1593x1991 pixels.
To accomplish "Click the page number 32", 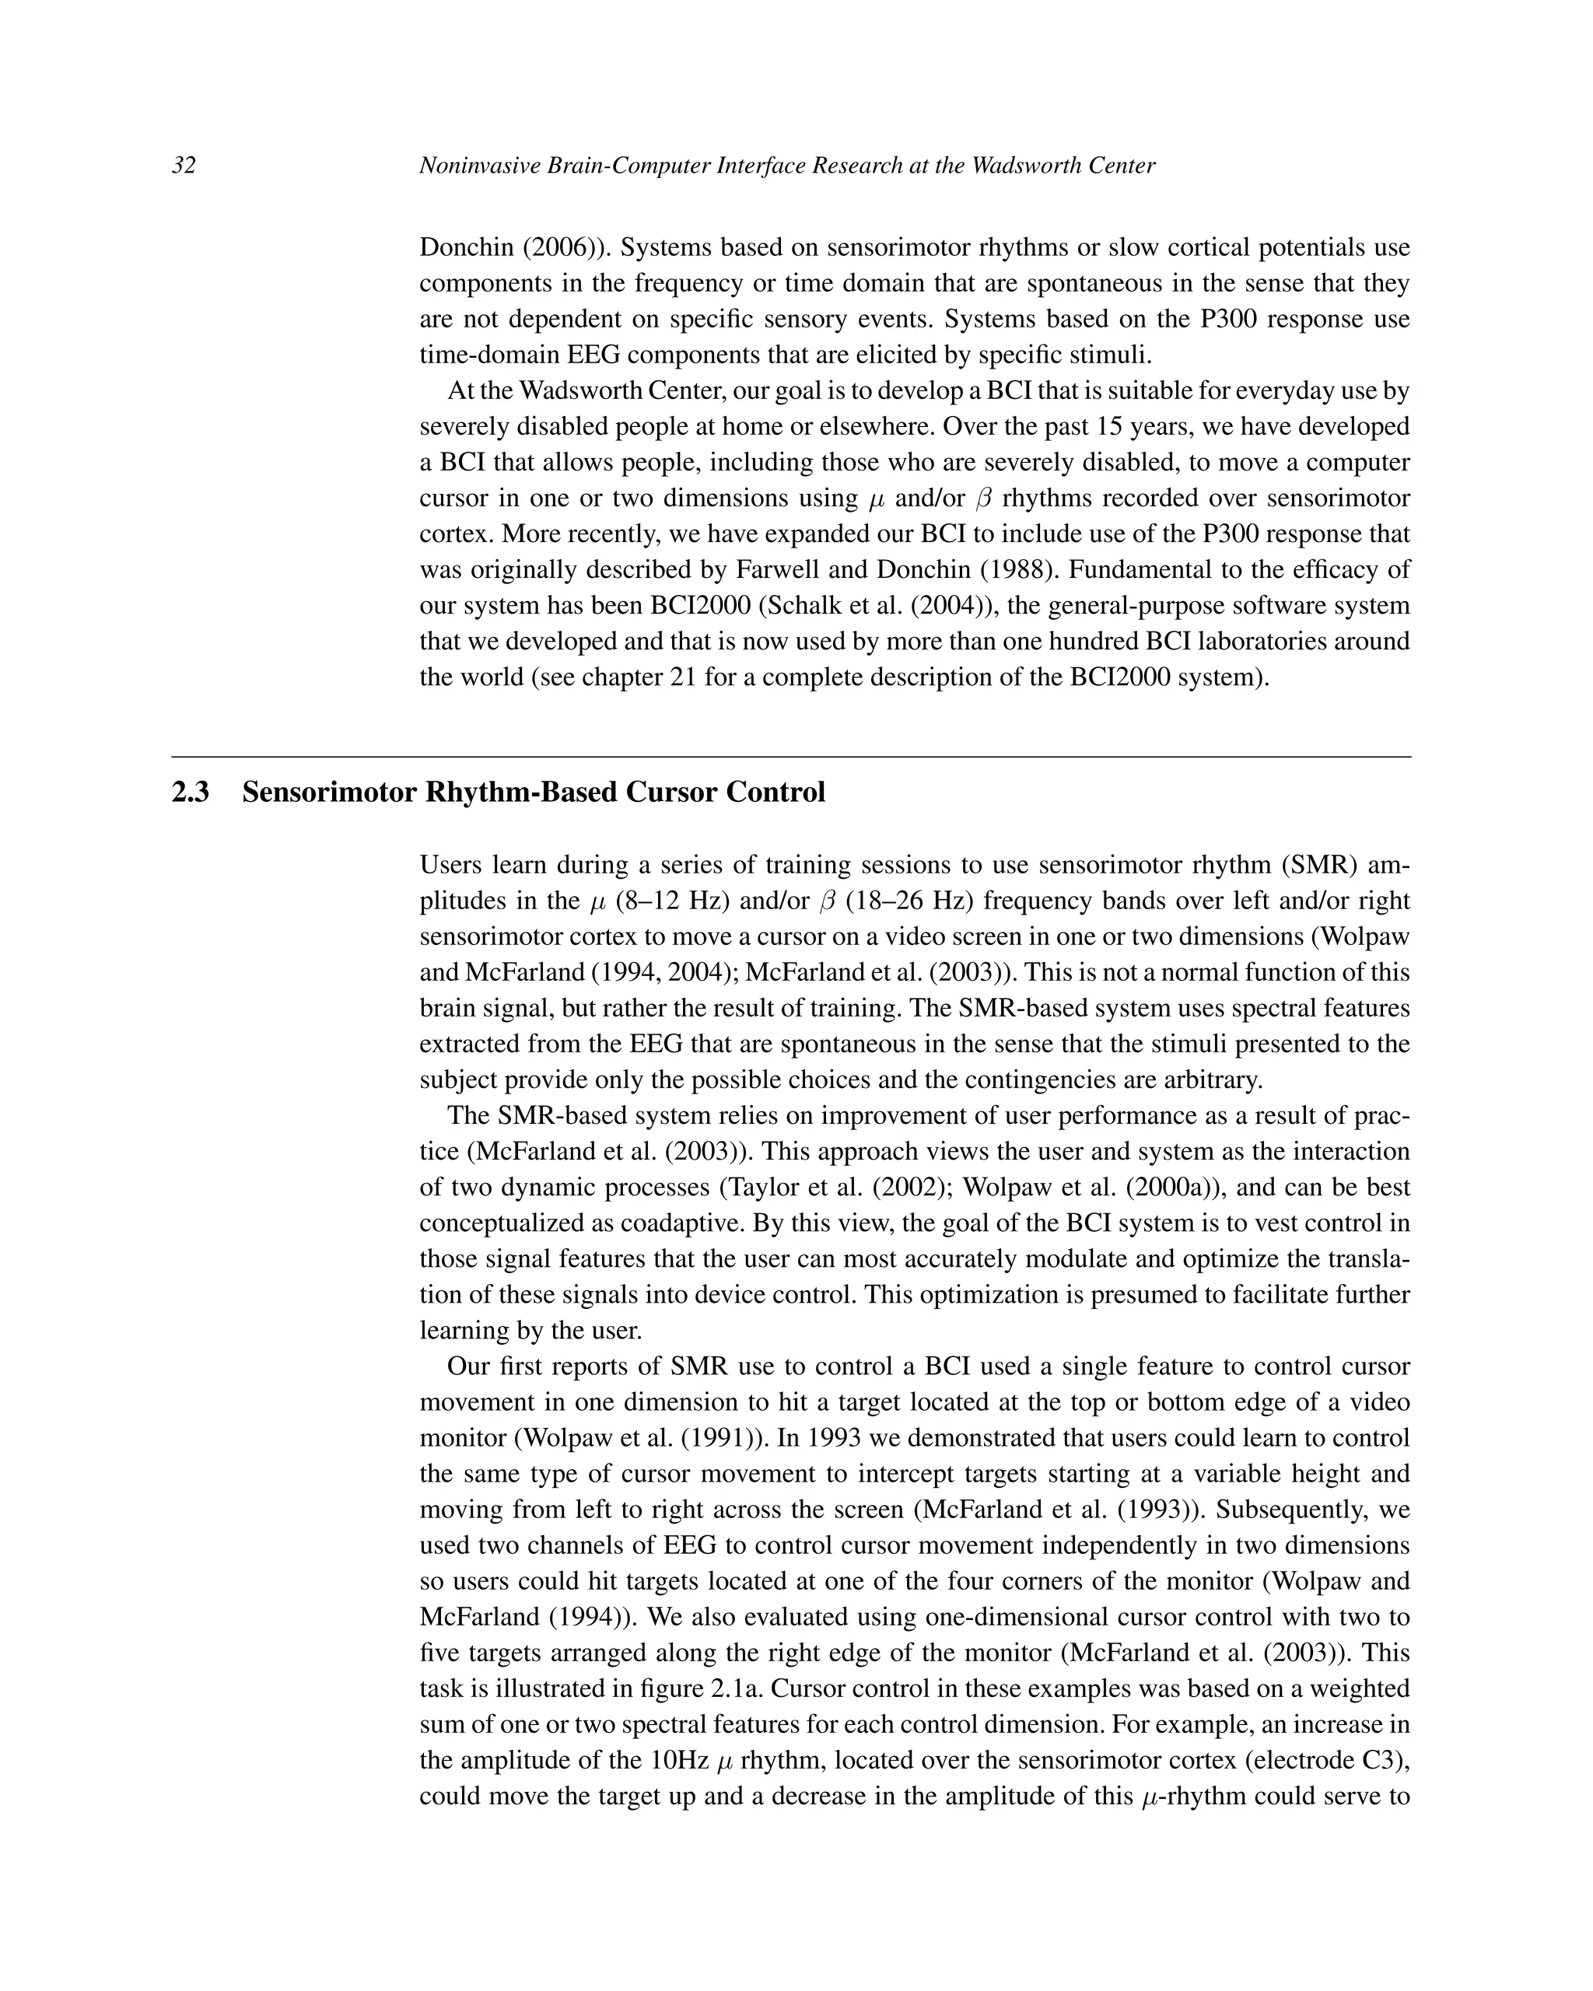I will click(184, 166).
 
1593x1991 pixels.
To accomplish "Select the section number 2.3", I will click(191, 793).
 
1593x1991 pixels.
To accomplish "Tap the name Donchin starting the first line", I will click(467, 247).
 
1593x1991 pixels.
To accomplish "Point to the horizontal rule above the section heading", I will click(791, 758).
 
